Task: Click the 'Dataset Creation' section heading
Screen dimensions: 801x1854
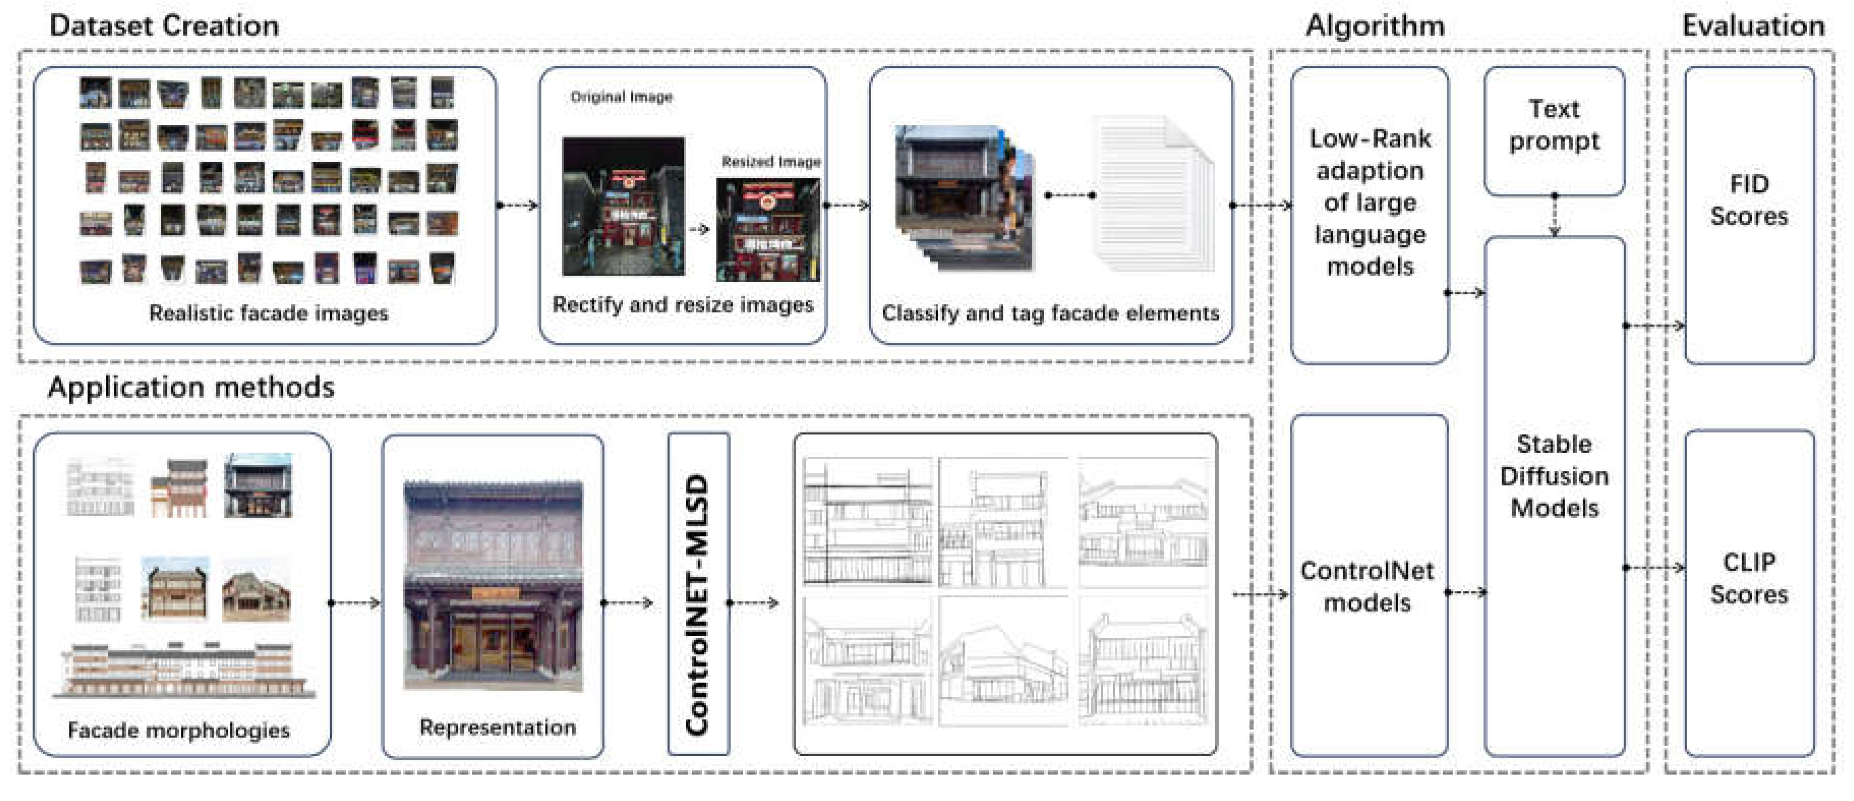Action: pyautogui.click(x=164, y=26)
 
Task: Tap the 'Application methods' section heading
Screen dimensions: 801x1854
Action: pyautogui.click(x=191, y=387)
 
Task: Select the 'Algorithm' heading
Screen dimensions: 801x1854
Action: pyautogui.click(x=1375, y=26)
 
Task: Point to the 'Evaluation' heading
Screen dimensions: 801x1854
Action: pyautogui.click(x=1753, y=26)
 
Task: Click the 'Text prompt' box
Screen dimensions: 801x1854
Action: pyautogui.click(x=1554, y=125)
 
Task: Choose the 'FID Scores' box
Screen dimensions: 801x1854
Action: pyautogui.click(x=1748, y=200)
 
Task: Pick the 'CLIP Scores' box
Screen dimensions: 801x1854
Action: pyautogui.click(x=1748, y=578)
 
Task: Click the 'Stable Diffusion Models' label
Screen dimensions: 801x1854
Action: pyautogui.click(x=1554, y=476)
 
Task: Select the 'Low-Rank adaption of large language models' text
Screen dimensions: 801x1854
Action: pyautogui.click(x=1370, y=202)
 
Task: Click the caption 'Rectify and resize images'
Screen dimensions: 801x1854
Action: pyautogui.click(x=682, y=305)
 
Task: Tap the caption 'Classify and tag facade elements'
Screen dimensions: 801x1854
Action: pyautogui.click(x=1050, y=313)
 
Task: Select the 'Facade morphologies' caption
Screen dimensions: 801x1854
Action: pyautogui.click(x=179, y=730)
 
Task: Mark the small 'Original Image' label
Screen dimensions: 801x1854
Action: pyautogui.click(x=621, y=97)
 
